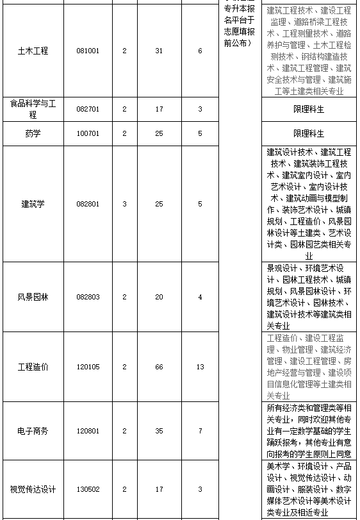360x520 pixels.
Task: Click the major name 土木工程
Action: [x=33, y=51]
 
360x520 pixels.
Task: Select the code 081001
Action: [x=88, y=51]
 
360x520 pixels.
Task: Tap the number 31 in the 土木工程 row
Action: [x=159, y=51]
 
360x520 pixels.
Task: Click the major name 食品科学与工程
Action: [x=33, y=109]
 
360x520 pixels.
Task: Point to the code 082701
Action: [x=88, y=109]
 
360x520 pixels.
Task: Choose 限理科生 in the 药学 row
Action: [x=309, y=133]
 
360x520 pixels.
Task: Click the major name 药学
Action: [x=33, y=133]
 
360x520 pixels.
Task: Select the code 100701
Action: [x=88, y=133]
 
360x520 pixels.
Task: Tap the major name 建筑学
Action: [x=33, y=204]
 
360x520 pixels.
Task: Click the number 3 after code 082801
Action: [x=124, y=204]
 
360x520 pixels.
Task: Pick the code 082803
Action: [x=88, y=297]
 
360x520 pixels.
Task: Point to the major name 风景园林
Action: [x=33, y=297]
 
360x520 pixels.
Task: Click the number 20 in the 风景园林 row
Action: [x=159, y=297]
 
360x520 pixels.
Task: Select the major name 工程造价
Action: [x=33, y=367]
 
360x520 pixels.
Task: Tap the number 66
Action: [x=159, y=367]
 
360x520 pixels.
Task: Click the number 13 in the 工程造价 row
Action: [x=200, y=367]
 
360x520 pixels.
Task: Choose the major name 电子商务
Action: [x=33, y=431]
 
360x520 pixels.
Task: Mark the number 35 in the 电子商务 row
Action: [x=159, y=431]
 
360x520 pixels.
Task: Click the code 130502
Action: [x=88, y=489]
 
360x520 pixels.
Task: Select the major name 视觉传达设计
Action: [x=33, y=489]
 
